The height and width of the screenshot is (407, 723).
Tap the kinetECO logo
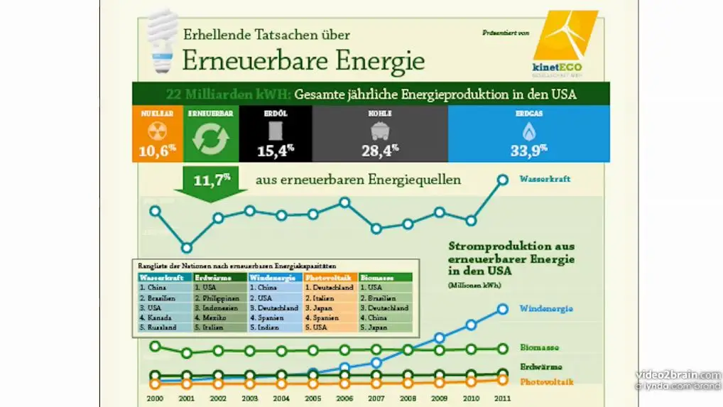[565, 43]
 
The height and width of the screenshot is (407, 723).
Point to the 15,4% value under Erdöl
[276, 150]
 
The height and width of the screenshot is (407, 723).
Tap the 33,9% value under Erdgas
[528, 150]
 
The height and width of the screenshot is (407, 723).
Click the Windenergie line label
[546, 308]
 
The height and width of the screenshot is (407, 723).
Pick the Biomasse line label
[538, 348]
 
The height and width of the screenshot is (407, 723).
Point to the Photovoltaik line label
[546, 382]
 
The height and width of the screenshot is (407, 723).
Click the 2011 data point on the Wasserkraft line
[502, 180]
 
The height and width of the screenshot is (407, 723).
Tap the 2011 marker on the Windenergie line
[502, 308]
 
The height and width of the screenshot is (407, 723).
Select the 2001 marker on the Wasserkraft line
[186, 248]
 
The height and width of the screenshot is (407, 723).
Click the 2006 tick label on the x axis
[344, 398]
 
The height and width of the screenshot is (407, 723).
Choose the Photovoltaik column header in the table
[330, 278]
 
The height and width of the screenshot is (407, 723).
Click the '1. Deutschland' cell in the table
[330, 288]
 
